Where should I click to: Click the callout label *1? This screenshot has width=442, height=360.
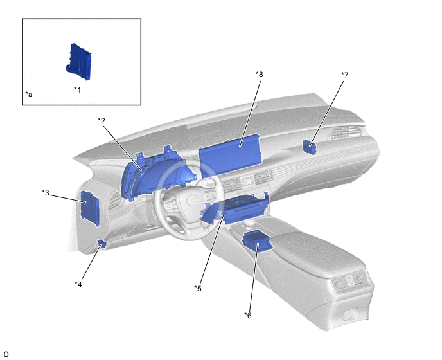pyautogui.click(x=78, y=90)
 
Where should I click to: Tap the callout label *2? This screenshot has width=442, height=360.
pyautogui.click(x=102, y=121)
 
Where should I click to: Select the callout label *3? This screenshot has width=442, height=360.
pyautogui.click(x=46, y=193)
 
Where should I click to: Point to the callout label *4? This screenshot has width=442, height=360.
pyautogui.click(x=78, y=285)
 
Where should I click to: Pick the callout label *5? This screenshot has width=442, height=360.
pyautogui.click(x=198, y=289)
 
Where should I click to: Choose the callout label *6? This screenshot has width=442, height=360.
pyautogui.click(x=248, y=316)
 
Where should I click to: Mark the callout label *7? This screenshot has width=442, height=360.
pyautogui.click(x=345, y=75)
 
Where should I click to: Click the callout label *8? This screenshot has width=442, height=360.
pyautogui.click(x=260, y=74)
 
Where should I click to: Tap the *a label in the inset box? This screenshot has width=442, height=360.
pyautogui.click(x=29, y=94)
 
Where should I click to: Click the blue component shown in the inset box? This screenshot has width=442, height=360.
pyautogui.click(x=79, y=62)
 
